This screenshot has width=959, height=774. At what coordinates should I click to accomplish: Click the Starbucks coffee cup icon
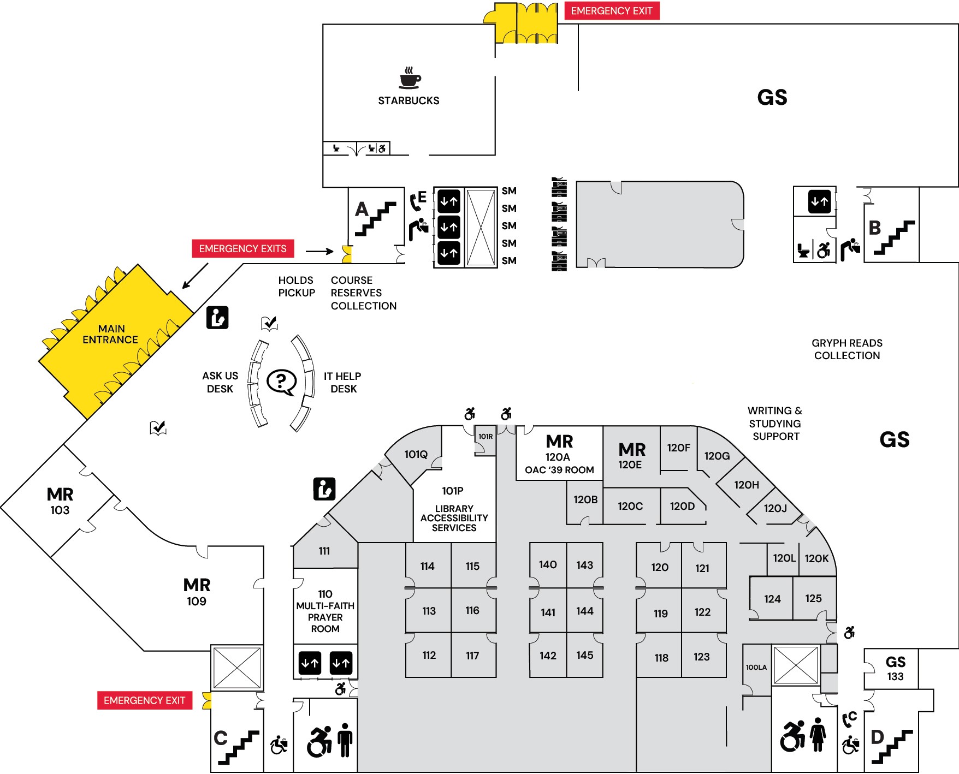click(x=410, y=78)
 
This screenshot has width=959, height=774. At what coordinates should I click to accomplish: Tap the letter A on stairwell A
click(x=362, y=210)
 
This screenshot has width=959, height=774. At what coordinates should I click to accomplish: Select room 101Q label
click(x=416, y=454)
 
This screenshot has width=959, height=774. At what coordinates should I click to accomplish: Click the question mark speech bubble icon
click(x=281, y=382)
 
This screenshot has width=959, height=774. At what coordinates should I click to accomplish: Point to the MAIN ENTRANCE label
click(x=111, y=334)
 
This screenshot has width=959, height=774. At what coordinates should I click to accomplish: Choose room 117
click(x=472, y=656)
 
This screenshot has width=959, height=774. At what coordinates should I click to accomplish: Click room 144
click(x=584, y=611)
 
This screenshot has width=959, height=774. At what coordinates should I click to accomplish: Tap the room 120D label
click(x=682, y=506)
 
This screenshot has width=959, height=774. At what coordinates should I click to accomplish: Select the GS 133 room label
click(x=895, y=669)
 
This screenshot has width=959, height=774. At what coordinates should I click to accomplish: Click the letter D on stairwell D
click(x=877, y=737)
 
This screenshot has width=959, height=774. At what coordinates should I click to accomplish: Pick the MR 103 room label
click(x=60, y=501)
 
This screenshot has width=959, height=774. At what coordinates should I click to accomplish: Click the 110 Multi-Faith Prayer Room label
click(x=325, y=611)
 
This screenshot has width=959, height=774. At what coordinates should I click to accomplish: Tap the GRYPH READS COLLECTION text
click(x=846, y=349)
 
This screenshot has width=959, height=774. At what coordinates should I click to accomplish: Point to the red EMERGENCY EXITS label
click(x=242, y=249)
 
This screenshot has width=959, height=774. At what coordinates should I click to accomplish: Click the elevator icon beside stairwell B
click(x=819, y=201)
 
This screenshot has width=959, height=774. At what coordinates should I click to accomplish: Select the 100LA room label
click(x=756, y=667)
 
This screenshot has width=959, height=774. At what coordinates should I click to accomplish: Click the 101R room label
click(x=485, y=437)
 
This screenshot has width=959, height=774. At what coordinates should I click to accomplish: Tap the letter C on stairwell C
click(x=220, y=738)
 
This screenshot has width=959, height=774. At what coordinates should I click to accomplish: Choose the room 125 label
click(x=813, y=598)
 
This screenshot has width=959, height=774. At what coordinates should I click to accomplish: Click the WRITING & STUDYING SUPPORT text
click(x=775, y=424)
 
